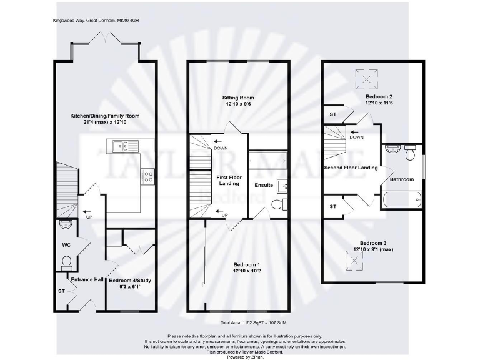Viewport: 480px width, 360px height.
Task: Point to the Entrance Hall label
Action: [86, 279]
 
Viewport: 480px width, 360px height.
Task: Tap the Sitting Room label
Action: [238, 97]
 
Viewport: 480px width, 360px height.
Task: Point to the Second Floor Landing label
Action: [351, 167]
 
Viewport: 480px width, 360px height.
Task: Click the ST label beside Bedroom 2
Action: [332, 114]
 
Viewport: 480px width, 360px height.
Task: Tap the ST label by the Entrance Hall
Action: [61, 291]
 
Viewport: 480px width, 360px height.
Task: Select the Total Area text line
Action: [253, 323]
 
